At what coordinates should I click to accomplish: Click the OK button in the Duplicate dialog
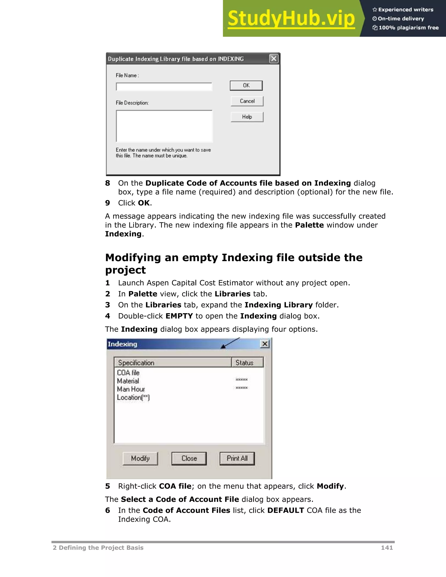(246, 86)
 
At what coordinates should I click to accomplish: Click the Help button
(247, 117)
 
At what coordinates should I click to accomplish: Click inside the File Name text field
(164, 87)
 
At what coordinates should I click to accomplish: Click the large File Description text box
(164, 126)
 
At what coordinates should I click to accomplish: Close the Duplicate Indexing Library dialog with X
(274, 58)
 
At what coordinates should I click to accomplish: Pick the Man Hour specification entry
(131, 389)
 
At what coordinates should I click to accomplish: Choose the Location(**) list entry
(133, 397)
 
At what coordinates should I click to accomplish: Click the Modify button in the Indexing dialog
(140, 458)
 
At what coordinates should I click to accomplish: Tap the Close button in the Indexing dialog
(189, 458)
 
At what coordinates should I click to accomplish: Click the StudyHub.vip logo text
(291, 19)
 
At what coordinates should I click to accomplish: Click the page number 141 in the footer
(387, 548)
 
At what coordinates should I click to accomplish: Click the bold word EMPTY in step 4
(179, 316)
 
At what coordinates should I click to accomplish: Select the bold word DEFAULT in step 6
(285, 510)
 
